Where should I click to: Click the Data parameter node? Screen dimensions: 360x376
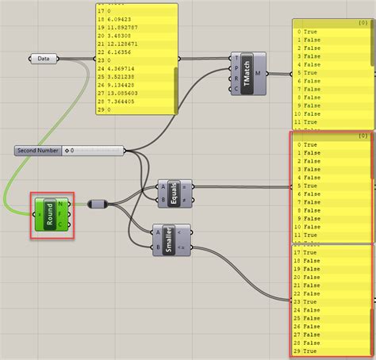[x=44, y=58]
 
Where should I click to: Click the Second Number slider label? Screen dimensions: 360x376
[x=37, y=150]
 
